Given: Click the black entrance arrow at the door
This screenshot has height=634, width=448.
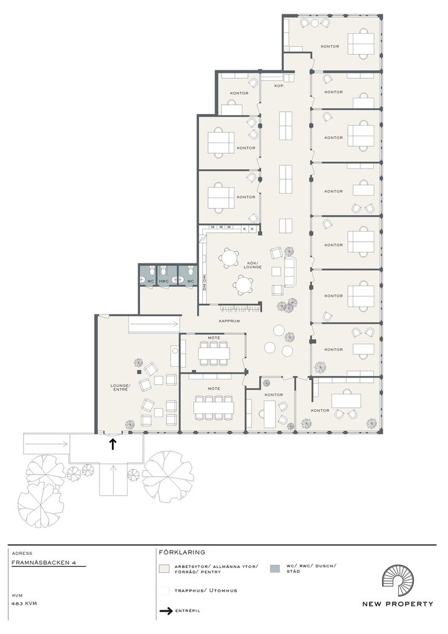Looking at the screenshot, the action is tap(113, 445).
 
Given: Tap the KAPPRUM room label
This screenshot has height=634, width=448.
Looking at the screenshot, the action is tap(229, 321).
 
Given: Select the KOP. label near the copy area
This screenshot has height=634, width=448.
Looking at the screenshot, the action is tap(279, 86).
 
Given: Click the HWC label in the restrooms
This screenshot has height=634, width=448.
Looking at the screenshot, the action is tap(164, 281).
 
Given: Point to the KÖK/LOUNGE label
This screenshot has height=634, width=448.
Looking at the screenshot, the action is tap(253, 265).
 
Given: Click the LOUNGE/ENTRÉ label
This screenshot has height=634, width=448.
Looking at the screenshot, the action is tap(119, 387).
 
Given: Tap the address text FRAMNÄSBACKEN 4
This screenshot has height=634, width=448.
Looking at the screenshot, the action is tap(44, 562).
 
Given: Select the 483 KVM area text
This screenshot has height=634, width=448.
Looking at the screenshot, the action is tap(25, 603).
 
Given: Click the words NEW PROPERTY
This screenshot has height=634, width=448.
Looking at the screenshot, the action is tap(398, 604).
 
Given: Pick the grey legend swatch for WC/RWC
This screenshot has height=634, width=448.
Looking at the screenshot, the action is tap(274, 569).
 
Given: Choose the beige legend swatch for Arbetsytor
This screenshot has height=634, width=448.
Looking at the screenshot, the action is tap(164, 569).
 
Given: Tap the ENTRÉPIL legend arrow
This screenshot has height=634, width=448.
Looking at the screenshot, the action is tap(166, 611).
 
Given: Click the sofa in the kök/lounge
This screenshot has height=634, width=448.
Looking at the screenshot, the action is tap(291, 272).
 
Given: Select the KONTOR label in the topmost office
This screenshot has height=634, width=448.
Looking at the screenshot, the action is tap(330, 47).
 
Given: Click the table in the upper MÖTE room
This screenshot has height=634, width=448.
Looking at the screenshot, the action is tap(213, 353).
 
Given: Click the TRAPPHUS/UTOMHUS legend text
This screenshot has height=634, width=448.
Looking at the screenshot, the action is tap(205, 591).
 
